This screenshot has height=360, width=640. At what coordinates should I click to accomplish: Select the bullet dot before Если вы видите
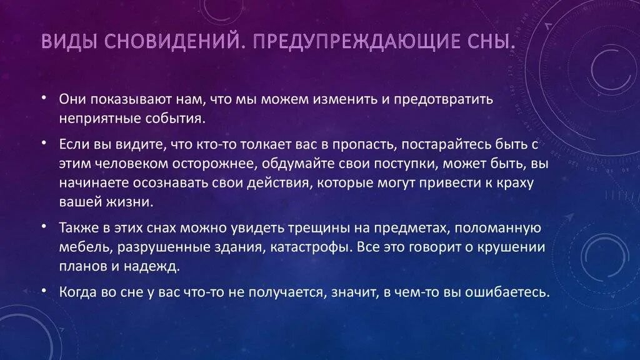(x=45, y=144)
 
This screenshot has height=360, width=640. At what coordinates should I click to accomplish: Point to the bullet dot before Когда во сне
(x=45, y=290)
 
